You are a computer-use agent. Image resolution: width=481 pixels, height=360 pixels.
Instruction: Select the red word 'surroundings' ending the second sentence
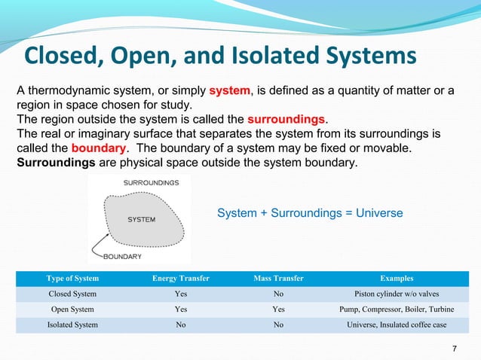tap(286, 120)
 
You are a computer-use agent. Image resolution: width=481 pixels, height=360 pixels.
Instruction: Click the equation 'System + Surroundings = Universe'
tap(310, 214)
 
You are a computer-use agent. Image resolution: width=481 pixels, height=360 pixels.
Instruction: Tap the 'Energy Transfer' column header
tap(180, 279)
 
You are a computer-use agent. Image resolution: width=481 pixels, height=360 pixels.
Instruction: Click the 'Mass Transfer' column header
tap(279, 279)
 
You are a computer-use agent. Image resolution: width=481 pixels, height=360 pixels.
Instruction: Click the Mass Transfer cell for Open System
tap(279, 309)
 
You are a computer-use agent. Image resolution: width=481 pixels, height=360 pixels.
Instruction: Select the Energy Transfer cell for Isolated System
tap(180, 325)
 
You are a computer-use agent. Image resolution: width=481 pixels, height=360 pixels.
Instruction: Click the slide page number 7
tap(455, 348)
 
